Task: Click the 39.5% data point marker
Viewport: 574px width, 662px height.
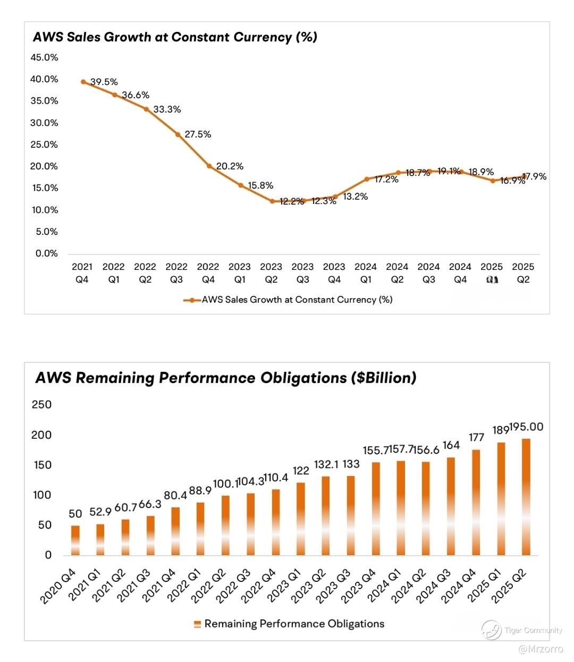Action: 83,82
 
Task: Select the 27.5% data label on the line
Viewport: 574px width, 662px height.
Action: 198,134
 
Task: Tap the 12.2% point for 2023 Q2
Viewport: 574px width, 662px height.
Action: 272,201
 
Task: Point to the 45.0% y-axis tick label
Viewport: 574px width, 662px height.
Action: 44,57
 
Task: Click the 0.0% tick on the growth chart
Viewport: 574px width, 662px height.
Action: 47,253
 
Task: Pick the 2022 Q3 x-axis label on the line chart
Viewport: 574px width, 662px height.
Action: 176,273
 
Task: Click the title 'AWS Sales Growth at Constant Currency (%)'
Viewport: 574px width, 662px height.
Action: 175,37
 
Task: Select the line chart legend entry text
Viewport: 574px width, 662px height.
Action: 297,300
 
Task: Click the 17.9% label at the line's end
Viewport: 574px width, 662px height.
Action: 534,176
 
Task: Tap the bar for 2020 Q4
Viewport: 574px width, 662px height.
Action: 75,540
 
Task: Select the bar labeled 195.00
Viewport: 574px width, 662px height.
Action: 526,497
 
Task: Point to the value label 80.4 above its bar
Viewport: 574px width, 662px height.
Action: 175,495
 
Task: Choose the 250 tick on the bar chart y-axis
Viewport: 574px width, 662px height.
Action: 41,405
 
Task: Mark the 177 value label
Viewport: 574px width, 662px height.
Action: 476,437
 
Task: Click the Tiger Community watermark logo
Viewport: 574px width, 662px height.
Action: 491,630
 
